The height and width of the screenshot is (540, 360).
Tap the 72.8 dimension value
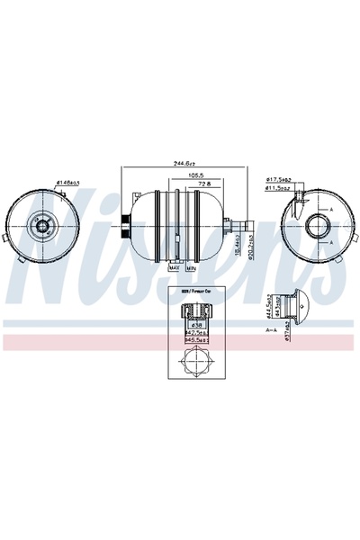[204, 184]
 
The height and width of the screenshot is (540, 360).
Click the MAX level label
[175, 267]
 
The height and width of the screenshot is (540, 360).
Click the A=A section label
[271, 330]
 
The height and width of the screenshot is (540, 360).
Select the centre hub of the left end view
[40, 230]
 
